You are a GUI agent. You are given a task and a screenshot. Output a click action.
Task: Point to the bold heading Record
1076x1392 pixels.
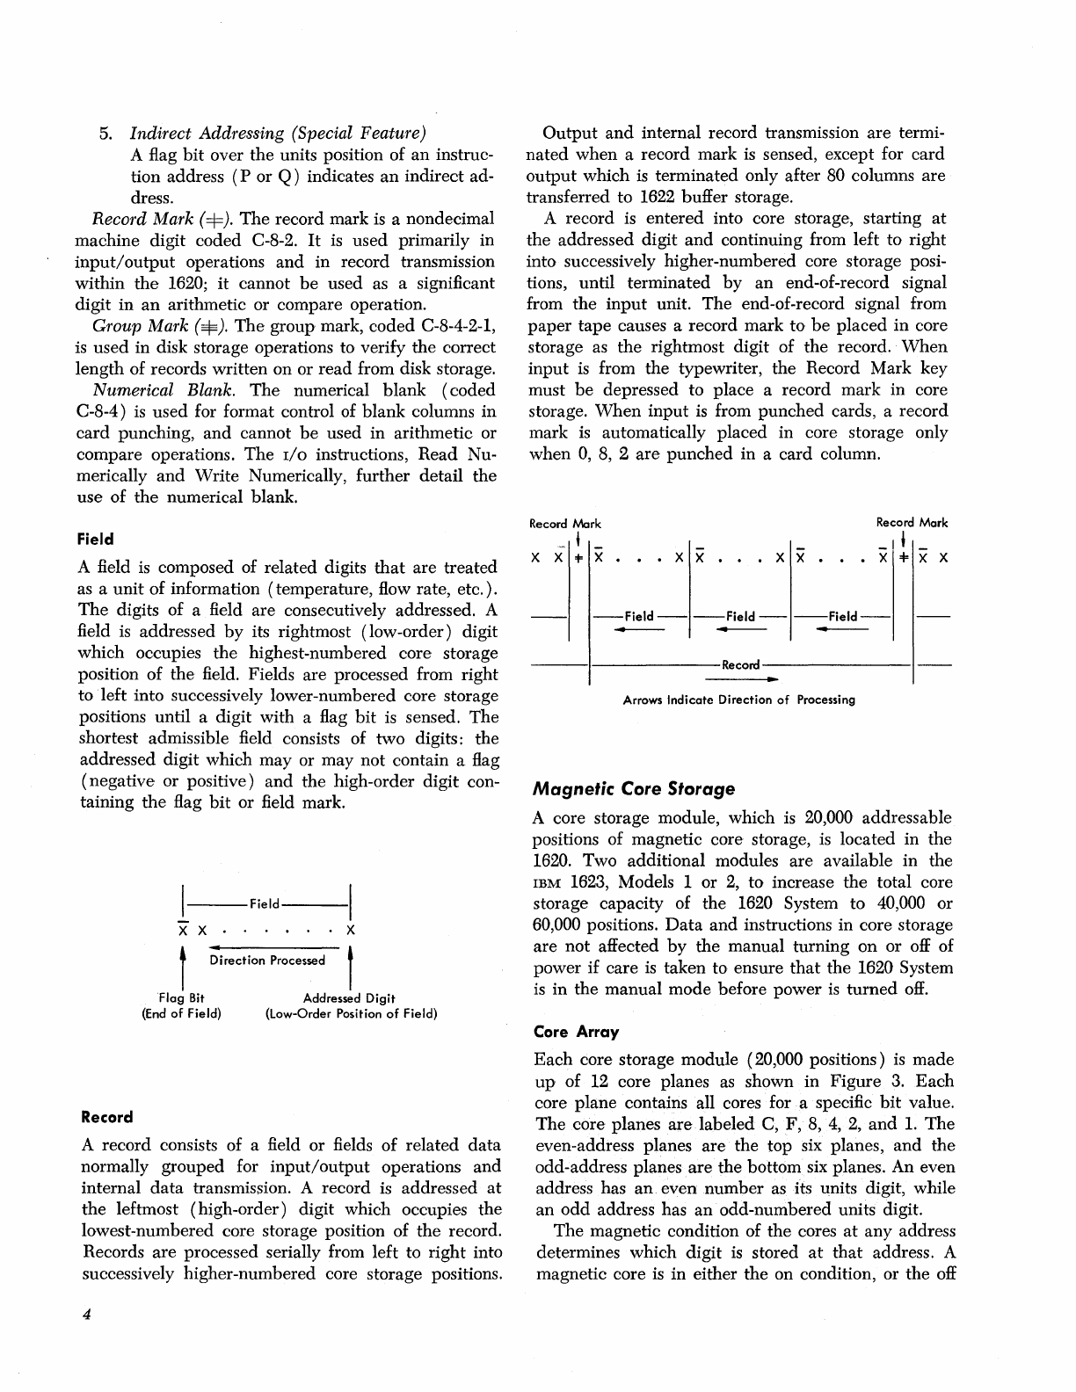point(106,1117)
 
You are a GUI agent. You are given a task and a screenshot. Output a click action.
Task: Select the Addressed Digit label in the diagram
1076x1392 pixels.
point(349,997)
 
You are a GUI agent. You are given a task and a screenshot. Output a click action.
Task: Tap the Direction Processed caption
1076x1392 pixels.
point(267,961)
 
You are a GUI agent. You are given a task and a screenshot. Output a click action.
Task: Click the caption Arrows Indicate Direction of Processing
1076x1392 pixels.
point(738,700)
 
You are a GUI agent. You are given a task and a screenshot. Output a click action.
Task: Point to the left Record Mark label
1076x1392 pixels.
point(564,524)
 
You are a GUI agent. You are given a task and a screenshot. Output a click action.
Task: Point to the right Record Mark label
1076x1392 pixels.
point(912,523)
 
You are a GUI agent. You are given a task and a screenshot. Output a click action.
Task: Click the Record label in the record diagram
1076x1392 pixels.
point(740,664)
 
